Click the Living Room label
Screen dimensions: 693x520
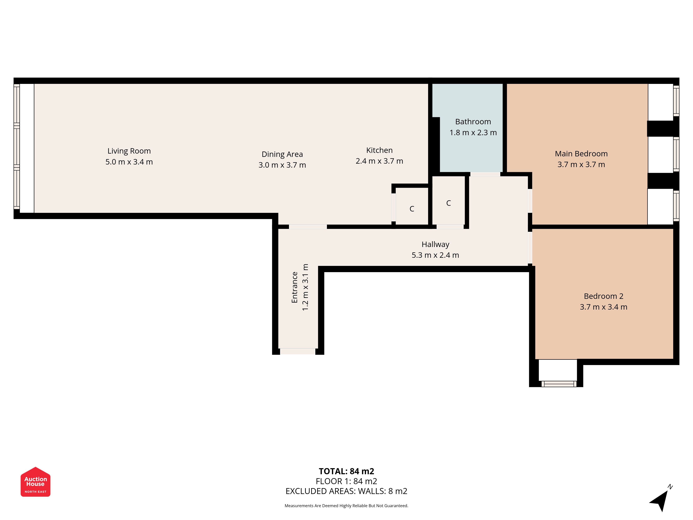point(129,151)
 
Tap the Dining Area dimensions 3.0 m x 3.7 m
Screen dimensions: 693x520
point(282,165)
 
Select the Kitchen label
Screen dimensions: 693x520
point(379,150)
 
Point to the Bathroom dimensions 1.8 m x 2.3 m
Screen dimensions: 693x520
point(473,133)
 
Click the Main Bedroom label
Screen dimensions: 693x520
point(581,154)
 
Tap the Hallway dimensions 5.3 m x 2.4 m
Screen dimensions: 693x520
point(435,255)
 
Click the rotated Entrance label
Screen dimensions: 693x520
point(295,287)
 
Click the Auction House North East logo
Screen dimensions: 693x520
point(35,482)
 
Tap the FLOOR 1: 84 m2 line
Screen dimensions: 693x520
point(346,481)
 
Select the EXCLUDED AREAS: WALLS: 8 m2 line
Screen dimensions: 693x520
point(346,491)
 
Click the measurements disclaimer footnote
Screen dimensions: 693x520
point(346,506)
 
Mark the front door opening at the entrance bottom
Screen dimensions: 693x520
point(298,351)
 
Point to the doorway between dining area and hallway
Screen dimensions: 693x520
point(308,227)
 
